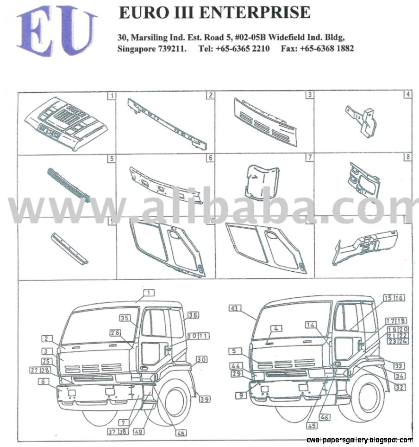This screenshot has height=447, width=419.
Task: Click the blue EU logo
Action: click(x=56, y=32)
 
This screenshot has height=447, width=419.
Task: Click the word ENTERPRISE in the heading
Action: click(x=259, y=13)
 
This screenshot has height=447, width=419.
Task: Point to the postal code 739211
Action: click(x=173, y=48)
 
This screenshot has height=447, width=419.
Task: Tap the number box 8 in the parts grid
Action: click(x=407, y=158)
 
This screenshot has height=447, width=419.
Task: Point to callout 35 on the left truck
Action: click(x=125, y=318)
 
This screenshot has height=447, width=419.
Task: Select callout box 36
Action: click(x=193, y=315)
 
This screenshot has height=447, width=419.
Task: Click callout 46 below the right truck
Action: click(x=325, y=417)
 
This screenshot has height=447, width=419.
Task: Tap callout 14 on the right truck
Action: click(x=310, y=325)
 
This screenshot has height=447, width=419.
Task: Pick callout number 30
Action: click(x=201, y=359)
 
